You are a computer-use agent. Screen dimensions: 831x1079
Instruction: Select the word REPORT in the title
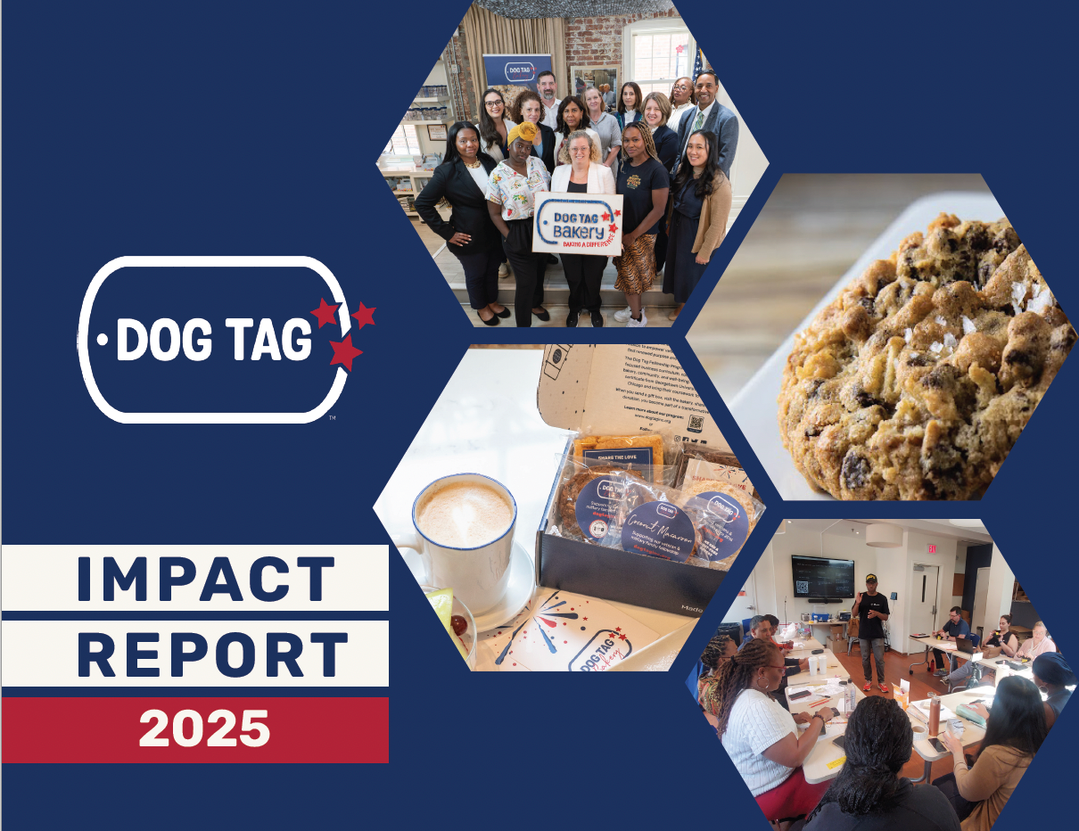pyautogui.click(x=212, y=654)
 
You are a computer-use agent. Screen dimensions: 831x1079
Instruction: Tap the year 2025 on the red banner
pyautogui.click(x=204, y=729)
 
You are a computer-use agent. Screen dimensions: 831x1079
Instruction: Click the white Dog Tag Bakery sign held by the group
pyautogui.click(x=577, y=223)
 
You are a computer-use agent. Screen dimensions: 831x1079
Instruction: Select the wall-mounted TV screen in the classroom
pyautogui.click(x=822, y=577)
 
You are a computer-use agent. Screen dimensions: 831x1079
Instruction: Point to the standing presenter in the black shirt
pyautogui.click(x=871, y=624)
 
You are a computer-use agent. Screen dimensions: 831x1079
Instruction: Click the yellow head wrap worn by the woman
pyautogui.click(x=523, y=133)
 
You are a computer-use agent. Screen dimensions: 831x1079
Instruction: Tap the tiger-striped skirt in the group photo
pyautogui.click(x=636, y=263)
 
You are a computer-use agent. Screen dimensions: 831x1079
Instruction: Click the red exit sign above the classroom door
pyautogui.click(x=932, y=547)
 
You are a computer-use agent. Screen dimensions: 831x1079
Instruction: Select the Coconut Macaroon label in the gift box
pyautogui.click(x=657, y=531)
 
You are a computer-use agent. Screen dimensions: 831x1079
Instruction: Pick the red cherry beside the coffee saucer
pyautogui.click(x=459, y=625)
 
